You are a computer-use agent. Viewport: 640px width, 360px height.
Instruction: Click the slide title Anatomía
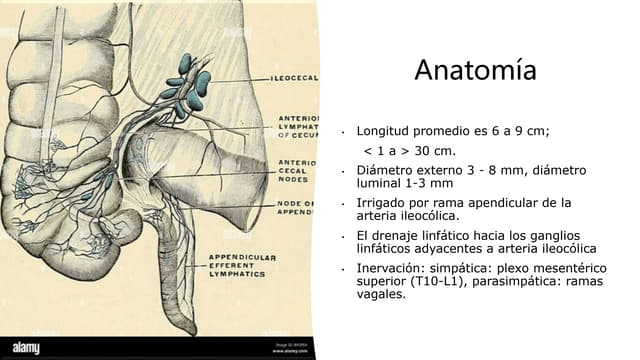(x=475, y=71)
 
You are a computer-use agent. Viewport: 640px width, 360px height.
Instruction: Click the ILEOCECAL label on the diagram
(x=294, y=77)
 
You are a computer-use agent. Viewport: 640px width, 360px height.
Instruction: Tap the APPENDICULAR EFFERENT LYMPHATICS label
(x=242, y=265)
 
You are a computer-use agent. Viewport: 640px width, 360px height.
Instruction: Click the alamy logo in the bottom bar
(x=26, y=348)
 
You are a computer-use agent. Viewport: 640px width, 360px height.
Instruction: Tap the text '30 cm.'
(x=434, y=151)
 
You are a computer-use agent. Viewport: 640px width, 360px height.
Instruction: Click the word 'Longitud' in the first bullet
(x=385, y=131)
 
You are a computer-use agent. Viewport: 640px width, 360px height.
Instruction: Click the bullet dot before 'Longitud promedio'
(x=343, y=132)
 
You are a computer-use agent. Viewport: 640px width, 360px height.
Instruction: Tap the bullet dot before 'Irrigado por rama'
(x=343, y=204)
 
